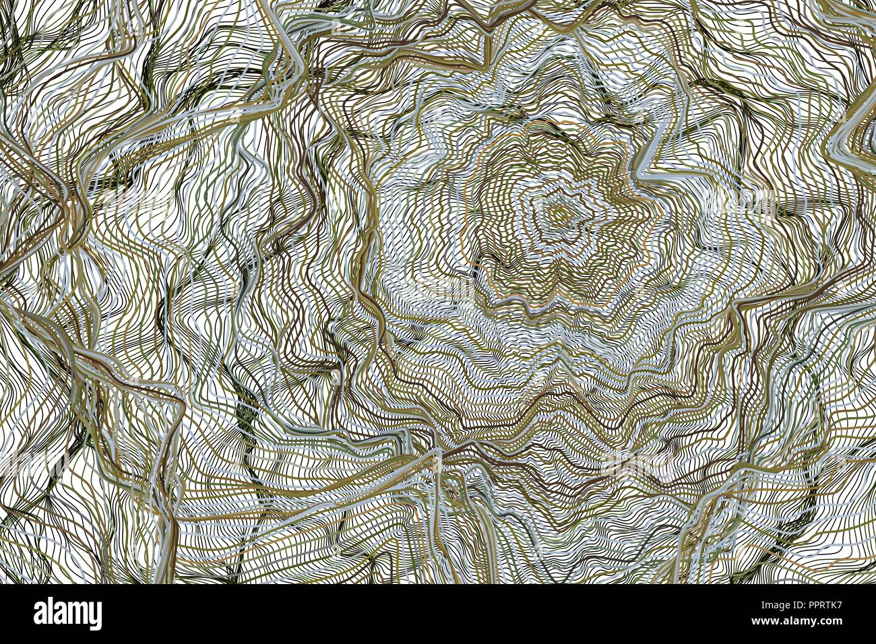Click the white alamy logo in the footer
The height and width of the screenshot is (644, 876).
[x=67, y=614]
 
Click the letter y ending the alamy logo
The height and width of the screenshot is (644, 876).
[x=96, y=616]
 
